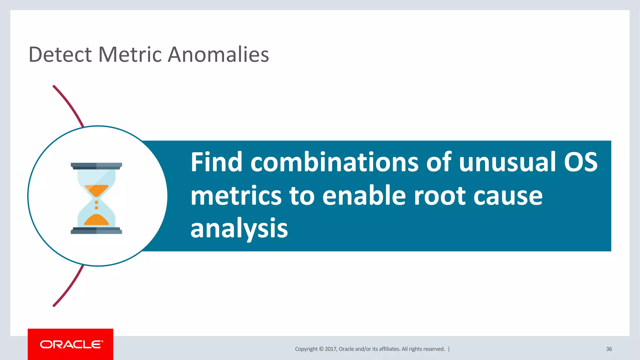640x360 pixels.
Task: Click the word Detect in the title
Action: point(60,54)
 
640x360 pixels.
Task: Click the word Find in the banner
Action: point(217,162)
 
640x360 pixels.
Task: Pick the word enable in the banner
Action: point(364,196)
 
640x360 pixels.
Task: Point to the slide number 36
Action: point(609,349)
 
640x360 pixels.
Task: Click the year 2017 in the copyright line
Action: point(331,349)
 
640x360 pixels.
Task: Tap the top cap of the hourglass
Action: point(96,166)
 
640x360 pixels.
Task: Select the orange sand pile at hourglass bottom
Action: point(97,220)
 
